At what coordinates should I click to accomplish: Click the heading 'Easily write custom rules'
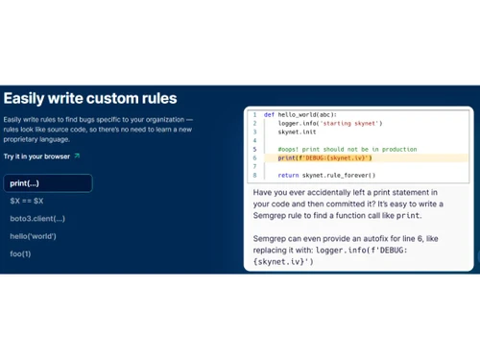click(90, 98)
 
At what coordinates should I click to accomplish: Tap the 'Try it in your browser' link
click(36, 156)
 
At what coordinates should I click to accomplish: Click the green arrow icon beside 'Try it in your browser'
click(77, 156)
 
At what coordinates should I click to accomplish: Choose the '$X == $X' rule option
click(27, 201)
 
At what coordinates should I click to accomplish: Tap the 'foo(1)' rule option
click(20, 253)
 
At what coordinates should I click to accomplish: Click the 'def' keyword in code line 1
click(269, 114)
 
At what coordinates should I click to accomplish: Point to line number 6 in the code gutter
click(255, 157)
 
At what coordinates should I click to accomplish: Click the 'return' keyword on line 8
click(288, 176)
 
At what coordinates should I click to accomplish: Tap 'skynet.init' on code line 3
click(297, 132)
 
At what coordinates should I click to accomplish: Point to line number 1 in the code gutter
click(255, 114)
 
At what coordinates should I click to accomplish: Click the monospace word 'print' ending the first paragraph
click(433, 216)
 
